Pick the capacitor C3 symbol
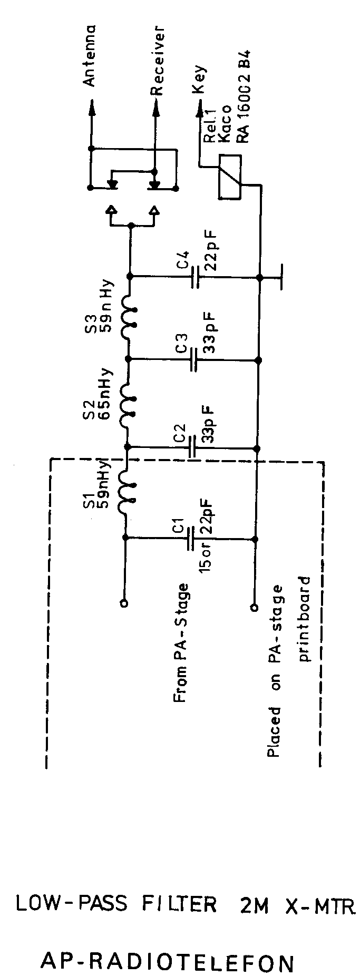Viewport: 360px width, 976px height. (x=194, y=360)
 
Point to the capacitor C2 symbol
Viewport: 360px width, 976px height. (x=193, y=448)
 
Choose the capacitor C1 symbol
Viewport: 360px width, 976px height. (x=191, y=539)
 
